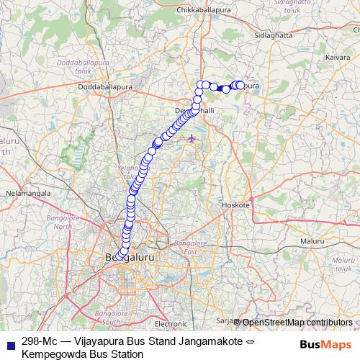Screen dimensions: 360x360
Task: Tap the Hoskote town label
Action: click(236, 205)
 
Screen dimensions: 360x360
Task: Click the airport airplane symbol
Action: click(192, 138)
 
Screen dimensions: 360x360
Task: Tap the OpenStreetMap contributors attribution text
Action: click(297, 322)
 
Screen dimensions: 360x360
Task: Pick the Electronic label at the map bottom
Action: click(170, 325)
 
